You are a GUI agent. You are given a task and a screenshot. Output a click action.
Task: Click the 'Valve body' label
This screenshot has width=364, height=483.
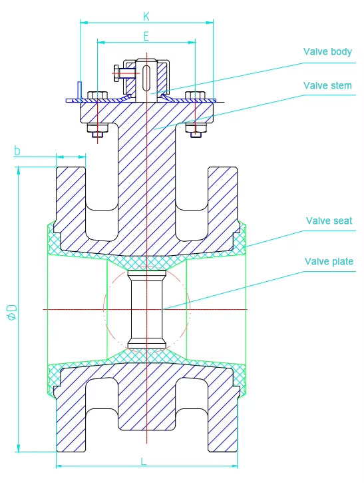[327, 51]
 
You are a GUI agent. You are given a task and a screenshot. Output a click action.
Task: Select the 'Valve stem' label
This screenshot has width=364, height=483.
[327, 85]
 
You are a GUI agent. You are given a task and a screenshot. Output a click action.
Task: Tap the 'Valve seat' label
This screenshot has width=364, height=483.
[329, 221]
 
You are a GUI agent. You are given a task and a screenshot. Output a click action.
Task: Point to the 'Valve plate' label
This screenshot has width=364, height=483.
[329, 261]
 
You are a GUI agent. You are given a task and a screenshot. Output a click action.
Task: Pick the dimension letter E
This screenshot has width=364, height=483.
[146, 35]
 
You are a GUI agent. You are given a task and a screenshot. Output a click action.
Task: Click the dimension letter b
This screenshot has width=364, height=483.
[17, 151]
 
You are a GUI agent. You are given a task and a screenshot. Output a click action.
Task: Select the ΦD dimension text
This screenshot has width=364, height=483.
[11, 312]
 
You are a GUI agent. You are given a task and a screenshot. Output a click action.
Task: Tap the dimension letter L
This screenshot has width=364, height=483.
[144, 460]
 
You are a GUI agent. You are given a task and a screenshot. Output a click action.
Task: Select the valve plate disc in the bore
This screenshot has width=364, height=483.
[146, 308]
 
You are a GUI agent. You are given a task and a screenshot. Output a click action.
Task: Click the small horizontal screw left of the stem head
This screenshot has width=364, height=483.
[122, 73]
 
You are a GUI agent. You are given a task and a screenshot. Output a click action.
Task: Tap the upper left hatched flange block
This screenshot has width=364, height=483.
[70, 200]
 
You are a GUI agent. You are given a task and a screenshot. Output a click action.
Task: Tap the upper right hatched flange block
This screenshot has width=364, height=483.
[223, 200]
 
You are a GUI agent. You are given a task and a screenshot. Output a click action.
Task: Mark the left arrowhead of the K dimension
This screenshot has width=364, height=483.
[83, 23]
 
